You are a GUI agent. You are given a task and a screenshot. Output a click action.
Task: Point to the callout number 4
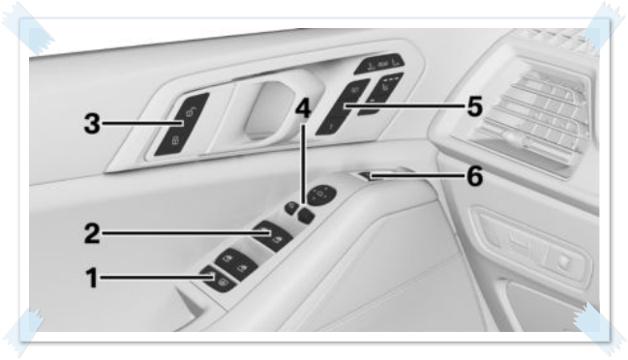click(x=304, y=108)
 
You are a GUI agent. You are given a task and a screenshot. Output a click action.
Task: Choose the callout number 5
click(x=473, y=105)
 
